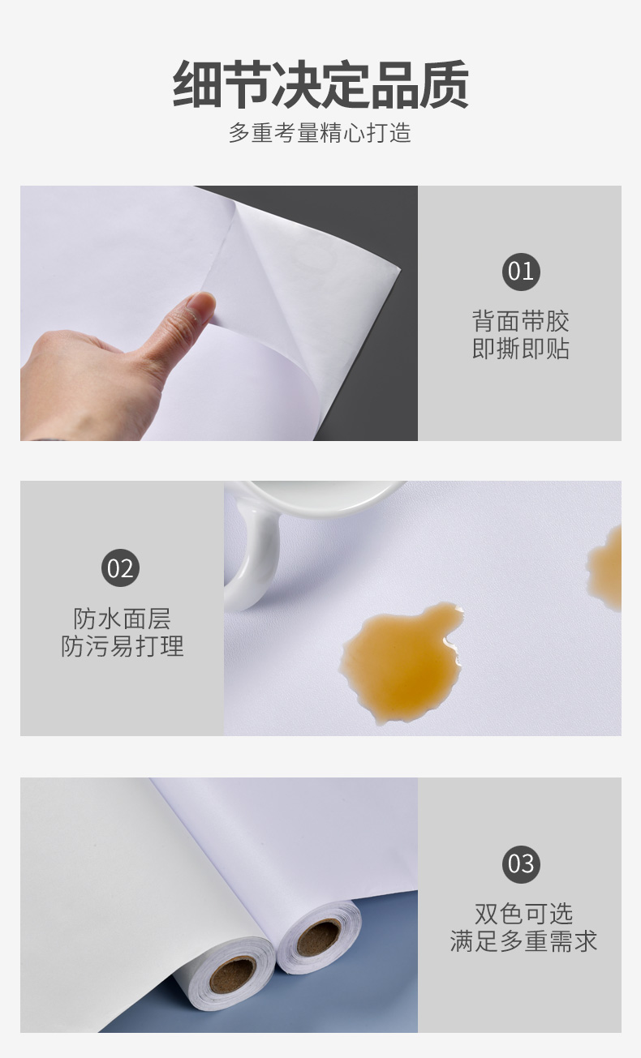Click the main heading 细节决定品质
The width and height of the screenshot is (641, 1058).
point(320,84)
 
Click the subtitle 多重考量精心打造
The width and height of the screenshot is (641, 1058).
point(320,132)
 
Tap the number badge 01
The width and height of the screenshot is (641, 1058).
point(520,271)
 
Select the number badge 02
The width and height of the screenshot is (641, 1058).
point(120,568)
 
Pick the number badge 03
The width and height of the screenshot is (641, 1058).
point(520,863)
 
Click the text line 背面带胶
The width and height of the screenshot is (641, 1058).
point(520,321)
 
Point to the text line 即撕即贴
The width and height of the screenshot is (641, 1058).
point(520,349)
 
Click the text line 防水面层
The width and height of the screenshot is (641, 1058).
point(122,619)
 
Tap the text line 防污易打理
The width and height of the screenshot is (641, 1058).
point(122,646)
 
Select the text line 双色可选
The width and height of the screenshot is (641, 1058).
point(523,914)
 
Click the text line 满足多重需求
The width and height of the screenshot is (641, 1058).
point(523,941)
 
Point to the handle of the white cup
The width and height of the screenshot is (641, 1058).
point(248,559)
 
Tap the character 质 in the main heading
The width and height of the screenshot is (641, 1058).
point(444,84)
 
